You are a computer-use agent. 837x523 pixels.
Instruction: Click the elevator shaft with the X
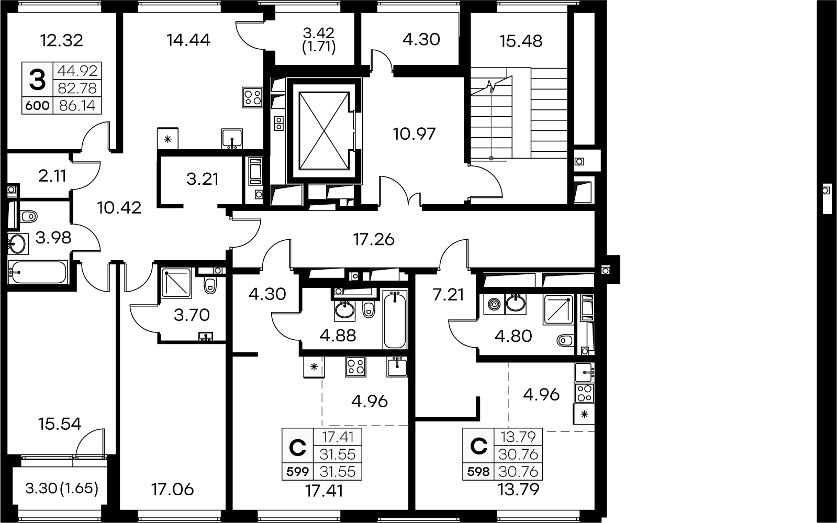324,131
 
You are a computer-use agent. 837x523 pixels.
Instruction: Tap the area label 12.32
62,40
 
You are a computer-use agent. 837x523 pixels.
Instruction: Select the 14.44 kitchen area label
188,40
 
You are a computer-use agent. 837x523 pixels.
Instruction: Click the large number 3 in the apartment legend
37,80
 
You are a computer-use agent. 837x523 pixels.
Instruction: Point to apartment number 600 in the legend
37,106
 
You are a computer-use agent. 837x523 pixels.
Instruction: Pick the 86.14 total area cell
77,106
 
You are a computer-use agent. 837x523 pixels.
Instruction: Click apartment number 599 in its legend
297,472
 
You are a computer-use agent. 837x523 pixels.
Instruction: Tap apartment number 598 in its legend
478,472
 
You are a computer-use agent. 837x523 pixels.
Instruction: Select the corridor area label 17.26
374,239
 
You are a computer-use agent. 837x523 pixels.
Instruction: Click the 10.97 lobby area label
415,134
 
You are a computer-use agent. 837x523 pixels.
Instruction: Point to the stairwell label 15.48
520,41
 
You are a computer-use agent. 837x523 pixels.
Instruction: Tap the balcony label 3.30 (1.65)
62,488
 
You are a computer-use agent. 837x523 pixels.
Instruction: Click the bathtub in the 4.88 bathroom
395,320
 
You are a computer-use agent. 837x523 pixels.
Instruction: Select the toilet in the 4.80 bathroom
565,340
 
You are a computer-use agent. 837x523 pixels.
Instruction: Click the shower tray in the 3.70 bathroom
176,283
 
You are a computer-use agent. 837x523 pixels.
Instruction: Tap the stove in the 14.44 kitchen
252,97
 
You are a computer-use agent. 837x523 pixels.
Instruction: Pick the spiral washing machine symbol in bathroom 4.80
494,304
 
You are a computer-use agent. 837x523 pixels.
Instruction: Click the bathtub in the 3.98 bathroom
38,272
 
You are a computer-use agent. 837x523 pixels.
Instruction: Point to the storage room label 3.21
202,179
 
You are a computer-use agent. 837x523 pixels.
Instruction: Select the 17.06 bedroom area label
172,489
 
